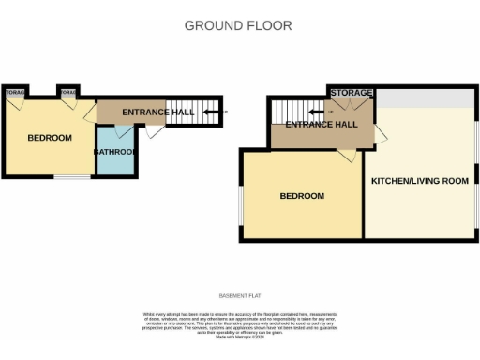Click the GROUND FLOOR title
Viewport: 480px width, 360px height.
pos(238,25)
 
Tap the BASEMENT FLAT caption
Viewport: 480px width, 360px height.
pos(239,295)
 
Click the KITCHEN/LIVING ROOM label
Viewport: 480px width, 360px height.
pos(419,180)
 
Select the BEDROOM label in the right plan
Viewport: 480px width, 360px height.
pos(302,196)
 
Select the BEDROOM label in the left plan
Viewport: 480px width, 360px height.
pos(49,138)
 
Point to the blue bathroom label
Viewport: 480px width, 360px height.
pos(116,152)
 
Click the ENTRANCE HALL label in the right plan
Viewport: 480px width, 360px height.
pos(322,124)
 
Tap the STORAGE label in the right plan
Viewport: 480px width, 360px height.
pos(351,93)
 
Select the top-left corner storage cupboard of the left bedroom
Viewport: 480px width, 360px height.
pos(14,95)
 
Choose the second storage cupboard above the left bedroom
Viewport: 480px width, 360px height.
pos(68,95)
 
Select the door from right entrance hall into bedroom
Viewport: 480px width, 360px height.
pos(347,156)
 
